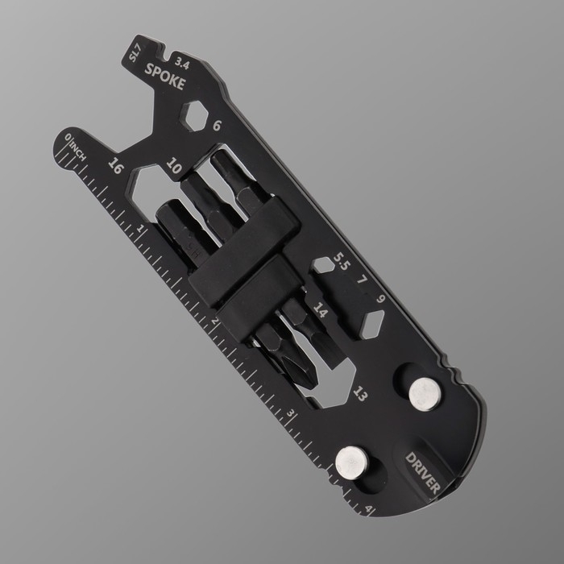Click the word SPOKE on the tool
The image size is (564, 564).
click(x=164, y=77)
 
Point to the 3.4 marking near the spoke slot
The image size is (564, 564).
click(x=182, y=64)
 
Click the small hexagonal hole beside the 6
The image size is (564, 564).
click(x=194, y=115)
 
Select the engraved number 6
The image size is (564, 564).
click(x=217, y=126)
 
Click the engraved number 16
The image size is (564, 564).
click(x=116, y=166)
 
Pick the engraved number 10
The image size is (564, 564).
click(x=174, y=166)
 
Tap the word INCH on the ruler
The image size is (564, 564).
click(x=77, y=151)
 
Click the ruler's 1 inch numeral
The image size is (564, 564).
click(x=141, y=229)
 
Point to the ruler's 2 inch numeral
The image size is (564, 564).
click(x=215, y=321)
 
